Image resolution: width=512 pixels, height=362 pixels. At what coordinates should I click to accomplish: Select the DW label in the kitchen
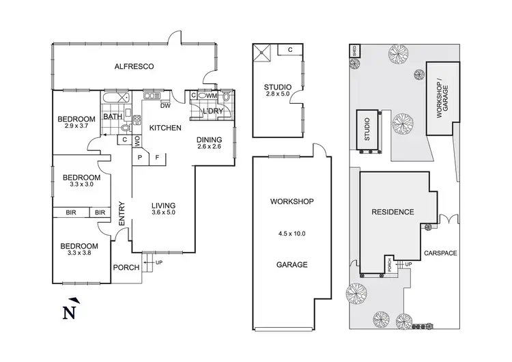click(x=165, y=106)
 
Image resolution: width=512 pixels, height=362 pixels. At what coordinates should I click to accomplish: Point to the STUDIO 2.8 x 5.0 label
click(x=277, y=90)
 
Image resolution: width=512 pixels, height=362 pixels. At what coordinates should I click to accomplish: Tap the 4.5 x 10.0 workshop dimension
click(x=291, y=234)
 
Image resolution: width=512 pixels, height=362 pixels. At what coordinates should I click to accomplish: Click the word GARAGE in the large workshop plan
click(x=291, y=264)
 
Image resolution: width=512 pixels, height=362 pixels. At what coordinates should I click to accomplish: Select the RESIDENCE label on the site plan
click(x=393, y=212)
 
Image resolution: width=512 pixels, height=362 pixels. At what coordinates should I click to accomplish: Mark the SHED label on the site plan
click(x=354, y=50)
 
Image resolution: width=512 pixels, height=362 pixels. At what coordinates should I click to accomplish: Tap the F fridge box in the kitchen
click(x=157, y=156)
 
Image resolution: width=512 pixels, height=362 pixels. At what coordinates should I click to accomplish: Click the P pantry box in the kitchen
click(x=140, y=156)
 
